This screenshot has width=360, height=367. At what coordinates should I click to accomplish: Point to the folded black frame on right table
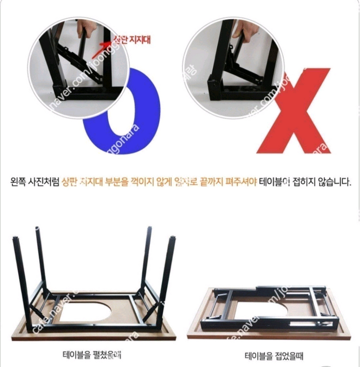click(x=269, y=307)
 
